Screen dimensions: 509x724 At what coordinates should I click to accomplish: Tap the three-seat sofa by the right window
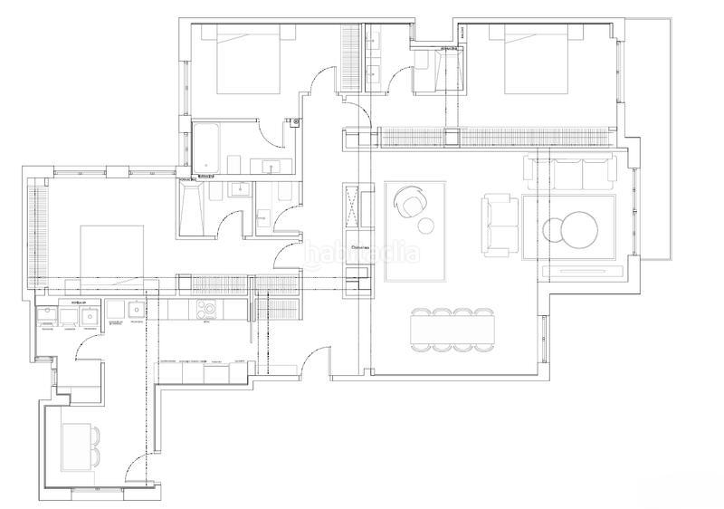(x=570, y=172)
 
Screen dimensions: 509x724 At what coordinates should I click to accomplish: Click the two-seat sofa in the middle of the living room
(x=497, y=223)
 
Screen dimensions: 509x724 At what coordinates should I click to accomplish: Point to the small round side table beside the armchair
(x=427, y=224)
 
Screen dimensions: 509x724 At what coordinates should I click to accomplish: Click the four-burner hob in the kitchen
(x=209, y=310)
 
